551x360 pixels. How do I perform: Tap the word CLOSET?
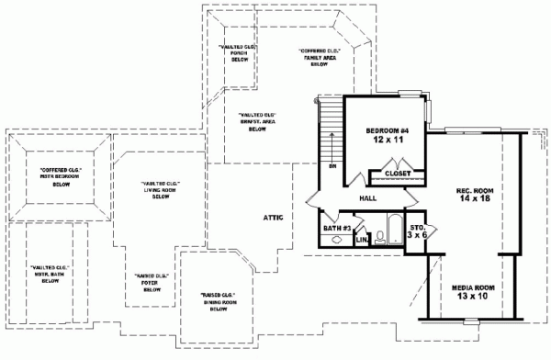click(x=398, y=173)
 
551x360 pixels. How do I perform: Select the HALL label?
click(x=369, y=198)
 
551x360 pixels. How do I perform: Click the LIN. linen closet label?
click(x=362, y=240)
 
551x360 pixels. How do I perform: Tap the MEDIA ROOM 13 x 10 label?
click(x=476, y=294)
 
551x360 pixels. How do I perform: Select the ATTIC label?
click(x=273, y=217)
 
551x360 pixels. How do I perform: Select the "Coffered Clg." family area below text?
click(x=320, y=58)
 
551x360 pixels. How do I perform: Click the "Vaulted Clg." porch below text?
click(x=229, y=53)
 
